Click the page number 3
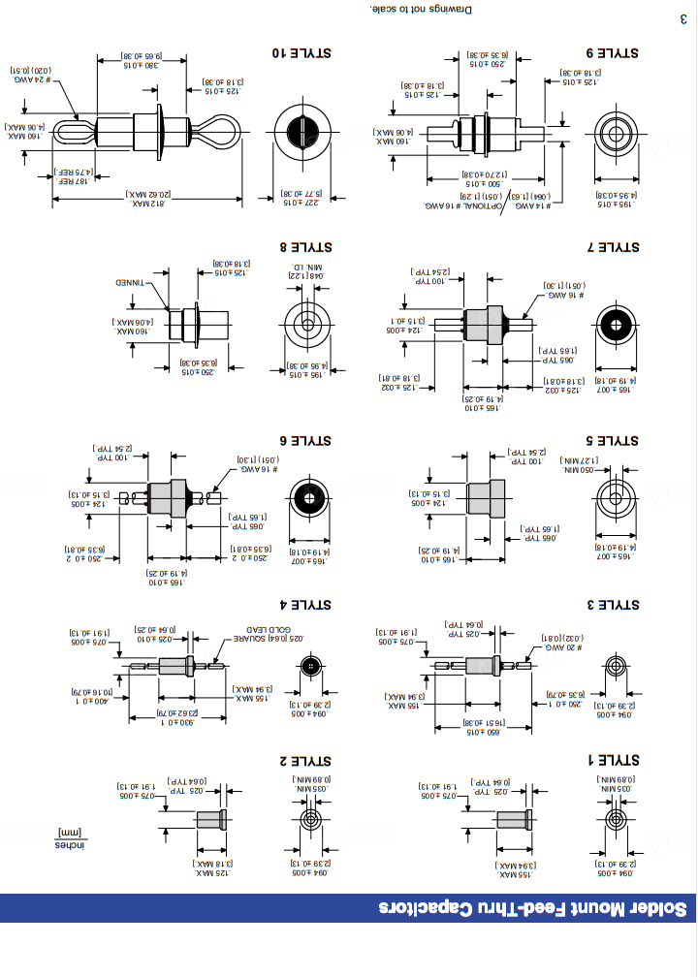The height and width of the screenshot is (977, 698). point(682,18)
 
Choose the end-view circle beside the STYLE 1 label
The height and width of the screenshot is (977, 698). point(615,820)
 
